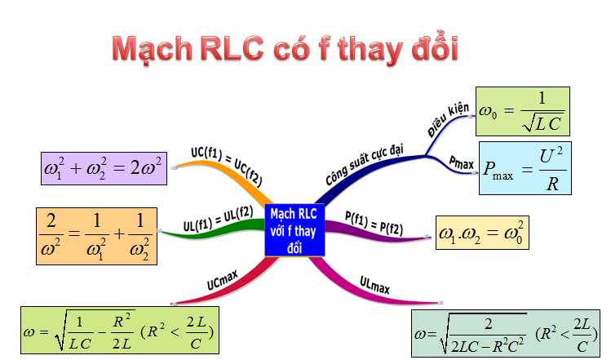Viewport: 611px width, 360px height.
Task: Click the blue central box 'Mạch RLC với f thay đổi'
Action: pos(294,230)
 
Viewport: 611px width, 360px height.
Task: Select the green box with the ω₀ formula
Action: pos(523,111)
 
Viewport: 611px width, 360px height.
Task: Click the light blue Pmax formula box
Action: pos(525,168)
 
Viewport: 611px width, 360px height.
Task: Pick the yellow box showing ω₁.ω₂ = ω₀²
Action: pos(482,233)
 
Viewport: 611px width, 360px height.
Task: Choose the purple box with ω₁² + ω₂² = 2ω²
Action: pos(104,168)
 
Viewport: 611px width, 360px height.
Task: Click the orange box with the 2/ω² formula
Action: pos(96,237)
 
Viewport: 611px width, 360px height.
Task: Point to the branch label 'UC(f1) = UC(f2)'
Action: pos(227,167)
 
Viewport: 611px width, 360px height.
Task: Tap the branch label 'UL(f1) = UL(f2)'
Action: pos(219,219)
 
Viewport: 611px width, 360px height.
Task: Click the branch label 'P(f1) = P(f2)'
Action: pos(374,224)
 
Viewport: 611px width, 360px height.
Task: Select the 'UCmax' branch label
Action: pos(222,281)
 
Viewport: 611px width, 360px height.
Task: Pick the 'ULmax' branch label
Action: pos(374,285)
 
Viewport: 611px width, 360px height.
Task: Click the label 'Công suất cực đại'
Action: pos(365,165)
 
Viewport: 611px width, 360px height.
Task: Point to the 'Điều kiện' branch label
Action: pos(448,119)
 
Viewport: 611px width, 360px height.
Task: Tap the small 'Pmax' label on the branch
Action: pos(462,162)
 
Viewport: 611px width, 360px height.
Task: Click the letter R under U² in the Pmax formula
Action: pos(552,184)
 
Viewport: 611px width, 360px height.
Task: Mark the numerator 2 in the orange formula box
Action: pos(51,220)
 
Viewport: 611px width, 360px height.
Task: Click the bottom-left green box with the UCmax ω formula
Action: pos(120,331)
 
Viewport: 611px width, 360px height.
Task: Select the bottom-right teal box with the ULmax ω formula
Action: pos(506,334)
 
